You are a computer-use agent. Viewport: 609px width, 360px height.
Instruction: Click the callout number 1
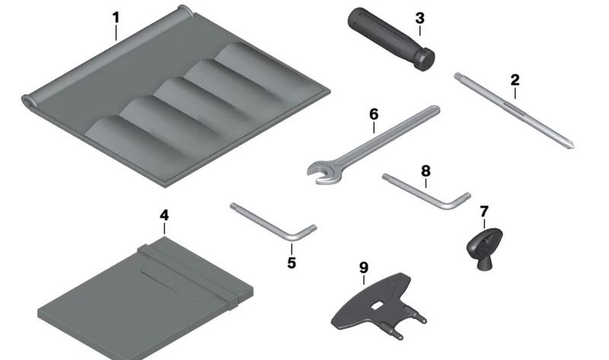point(116,18)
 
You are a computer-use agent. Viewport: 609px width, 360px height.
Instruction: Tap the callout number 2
point(515,81)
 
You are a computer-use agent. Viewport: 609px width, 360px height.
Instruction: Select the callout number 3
point(419,18)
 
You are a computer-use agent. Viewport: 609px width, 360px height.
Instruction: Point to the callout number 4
point(164,215)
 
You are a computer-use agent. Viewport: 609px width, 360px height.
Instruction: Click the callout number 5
point(292,263)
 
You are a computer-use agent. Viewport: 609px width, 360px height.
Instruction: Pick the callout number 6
point(373,115)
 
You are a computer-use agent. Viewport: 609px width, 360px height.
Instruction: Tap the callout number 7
point(484,212)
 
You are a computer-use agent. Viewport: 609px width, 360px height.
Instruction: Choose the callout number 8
point(426,171)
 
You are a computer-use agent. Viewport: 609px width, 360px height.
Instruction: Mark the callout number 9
point(364,267)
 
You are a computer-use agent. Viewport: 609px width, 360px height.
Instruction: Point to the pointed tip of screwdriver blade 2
point(572,148)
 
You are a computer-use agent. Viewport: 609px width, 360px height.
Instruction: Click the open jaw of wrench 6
point(320,174)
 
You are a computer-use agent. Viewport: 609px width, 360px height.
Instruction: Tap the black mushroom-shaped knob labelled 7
point(484,248)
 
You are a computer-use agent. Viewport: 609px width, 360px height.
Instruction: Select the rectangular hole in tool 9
point(376,306)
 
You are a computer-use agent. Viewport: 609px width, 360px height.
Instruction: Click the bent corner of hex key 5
point(292,236)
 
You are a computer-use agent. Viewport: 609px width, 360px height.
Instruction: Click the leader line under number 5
point(292,249)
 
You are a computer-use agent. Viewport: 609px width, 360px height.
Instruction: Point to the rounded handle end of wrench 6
point(435,110)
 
